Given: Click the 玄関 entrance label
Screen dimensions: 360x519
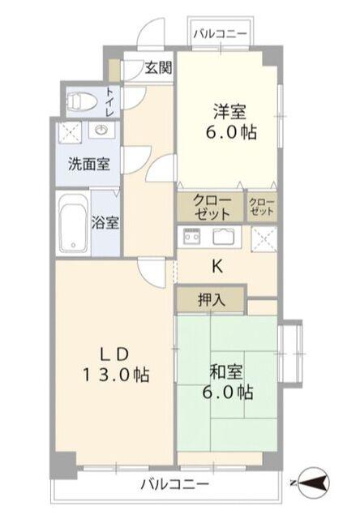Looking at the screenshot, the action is click(158, 68).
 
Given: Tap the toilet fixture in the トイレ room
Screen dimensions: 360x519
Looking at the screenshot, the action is click(81, 101).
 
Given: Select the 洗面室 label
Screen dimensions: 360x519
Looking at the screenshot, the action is click(89, 164).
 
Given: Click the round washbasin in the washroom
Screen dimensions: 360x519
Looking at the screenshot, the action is click(101, 130).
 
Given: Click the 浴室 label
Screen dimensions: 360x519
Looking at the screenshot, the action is click(105, 222).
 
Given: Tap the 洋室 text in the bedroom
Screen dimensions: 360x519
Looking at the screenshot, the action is click(230, 112).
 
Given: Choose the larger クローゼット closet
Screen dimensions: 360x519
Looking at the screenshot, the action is click(211, 208).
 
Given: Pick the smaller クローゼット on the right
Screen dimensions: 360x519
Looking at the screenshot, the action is click(262, 208).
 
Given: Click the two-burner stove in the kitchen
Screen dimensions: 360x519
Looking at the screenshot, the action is click(192, 236).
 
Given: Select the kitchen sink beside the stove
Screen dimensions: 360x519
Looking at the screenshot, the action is click(224, 236).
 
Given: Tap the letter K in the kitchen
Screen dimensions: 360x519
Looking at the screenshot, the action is click(217, 266).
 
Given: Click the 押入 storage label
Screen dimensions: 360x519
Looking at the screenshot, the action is click(212, 300).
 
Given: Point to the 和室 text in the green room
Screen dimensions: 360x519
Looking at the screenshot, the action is click(226, 372).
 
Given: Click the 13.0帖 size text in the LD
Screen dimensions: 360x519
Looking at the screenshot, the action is click(116, 375).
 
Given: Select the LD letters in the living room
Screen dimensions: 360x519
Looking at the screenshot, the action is click(114, 355).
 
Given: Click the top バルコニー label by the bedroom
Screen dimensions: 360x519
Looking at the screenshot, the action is click(221, 34).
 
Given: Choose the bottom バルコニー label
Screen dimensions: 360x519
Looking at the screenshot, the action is click(175, 485).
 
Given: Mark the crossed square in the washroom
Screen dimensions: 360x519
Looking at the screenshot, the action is click(71, 132).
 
